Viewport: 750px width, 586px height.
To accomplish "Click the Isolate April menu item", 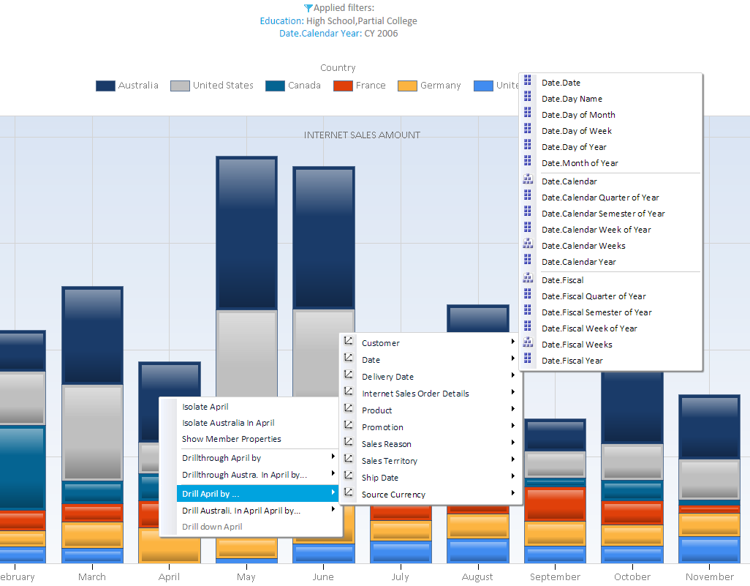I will tap(205, 407).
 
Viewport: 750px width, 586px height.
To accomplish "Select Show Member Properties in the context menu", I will tap(231, 439).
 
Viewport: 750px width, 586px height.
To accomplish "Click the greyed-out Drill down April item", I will tap(212, 527).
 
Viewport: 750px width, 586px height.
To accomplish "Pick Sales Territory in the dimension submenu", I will tap(390, 461).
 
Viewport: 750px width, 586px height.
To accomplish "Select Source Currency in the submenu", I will tap(393, 495).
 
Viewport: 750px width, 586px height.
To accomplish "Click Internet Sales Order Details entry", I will tap(415, 394).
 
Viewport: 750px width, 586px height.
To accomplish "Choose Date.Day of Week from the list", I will tap(576, 131).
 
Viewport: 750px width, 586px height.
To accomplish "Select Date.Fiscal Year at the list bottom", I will tap(572, 361).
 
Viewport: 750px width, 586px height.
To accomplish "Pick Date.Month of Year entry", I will tap(579, 163).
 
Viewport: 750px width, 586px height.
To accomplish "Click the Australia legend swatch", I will tap(105, 86).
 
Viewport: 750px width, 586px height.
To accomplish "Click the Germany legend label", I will tap(440, 86).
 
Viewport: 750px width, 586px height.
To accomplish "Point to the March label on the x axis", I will tap(92, 577).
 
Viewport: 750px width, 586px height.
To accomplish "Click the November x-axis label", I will tap(709, 577).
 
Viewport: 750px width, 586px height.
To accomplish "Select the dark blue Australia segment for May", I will tap(246, 233).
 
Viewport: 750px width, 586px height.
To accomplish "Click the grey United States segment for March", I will tap(92, 432).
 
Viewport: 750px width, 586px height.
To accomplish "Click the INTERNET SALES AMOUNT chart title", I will tap(362, 135).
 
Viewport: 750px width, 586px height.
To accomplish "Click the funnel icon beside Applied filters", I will tap(308, 8).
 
